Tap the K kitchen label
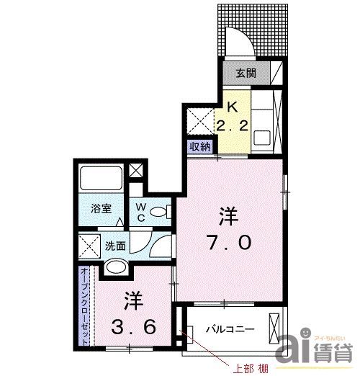click(x=232, y=107)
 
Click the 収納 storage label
click(x=200, y=146)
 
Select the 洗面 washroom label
click(x=116, y=245)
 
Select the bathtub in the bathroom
click(x=99, y=178)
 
